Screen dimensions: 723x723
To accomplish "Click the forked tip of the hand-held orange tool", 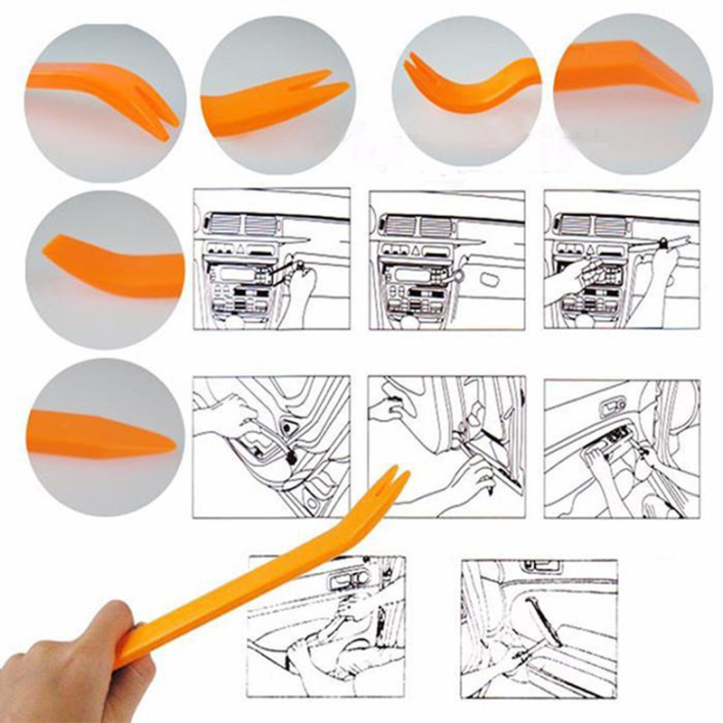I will click(x=391, y=484).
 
